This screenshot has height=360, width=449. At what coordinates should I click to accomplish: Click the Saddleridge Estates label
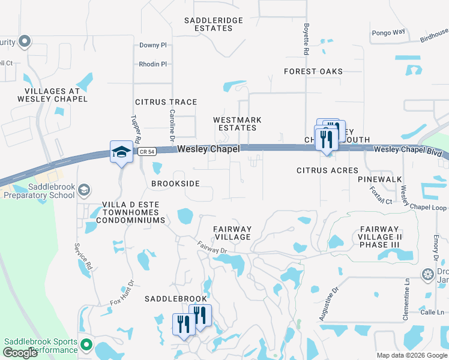pyautogui.click(x=214, y=24)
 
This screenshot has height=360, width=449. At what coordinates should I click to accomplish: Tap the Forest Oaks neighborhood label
pyautogui.click(x=313, y=71)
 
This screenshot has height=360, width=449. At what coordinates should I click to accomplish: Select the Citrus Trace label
pyautogui.click(x=166, y=103)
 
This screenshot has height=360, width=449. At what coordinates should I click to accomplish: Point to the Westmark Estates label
pyautogui.click(x=238, y=124)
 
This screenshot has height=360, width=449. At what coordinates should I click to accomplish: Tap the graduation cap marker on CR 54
pyautogui.click(x=121, y=152)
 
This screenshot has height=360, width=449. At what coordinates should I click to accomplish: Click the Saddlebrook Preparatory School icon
pyautogui.click(x=85, y=190)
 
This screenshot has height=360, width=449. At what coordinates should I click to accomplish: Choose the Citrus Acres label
pyautogui.click(x=328, y=171)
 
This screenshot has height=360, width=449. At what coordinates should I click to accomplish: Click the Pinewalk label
pyautogui.click(x=380, y=179)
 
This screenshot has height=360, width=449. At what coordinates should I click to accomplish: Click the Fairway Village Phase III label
pyautogui.click(x=379, y=237)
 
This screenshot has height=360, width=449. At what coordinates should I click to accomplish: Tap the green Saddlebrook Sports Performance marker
pyautogui.click(x=85, y=345)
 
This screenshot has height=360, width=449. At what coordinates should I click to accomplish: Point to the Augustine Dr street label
pyautogui.click(x=330, y=303)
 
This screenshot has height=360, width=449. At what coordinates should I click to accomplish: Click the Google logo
pyautogui.click(x=20, y=353)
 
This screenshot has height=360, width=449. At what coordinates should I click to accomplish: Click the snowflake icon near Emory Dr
pyautogui.click(x=427, y=275)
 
